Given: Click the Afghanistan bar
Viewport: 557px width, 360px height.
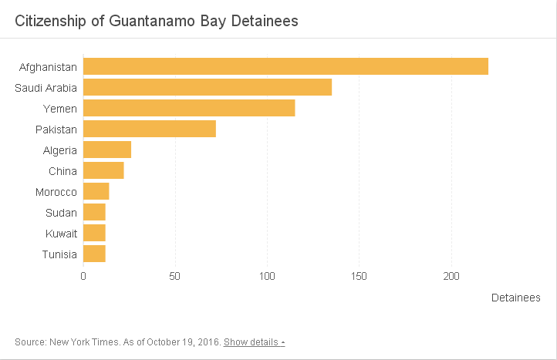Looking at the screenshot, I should click(x=285, y=66).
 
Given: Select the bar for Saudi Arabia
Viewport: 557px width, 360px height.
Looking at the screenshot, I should click(x=208, y=87).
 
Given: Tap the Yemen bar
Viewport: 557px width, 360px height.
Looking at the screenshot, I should click(x=189, y=108).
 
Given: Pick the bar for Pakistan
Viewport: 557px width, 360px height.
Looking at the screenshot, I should click(x=150, y=129).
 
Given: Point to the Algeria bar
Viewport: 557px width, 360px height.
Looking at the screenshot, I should click(x=107, y=150).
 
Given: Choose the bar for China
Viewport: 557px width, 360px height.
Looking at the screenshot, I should click(x=103, y=170).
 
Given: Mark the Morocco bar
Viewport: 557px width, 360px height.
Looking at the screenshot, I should click(x=96, y=191).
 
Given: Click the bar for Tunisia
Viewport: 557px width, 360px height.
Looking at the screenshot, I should click(x=94, y=254).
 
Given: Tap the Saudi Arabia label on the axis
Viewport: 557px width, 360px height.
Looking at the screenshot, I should click(x=46, y=88).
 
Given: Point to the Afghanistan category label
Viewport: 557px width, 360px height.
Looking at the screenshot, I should click(x=48, y=67).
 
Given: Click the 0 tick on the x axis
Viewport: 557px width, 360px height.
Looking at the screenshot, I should click(x=83, y=275).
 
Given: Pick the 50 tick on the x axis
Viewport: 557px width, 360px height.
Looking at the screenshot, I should click(x=175, y=275).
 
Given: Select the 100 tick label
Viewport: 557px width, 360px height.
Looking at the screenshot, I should click(x=267, y=275).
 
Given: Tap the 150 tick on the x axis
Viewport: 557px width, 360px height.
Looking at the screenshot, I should click(x=359, y=275).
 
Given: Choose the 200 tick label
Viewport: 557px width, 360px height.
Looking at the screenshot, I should click(x=451, y=275).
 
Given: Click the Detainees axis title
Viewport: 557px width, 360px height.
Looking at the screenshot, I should click(x=515, y=298).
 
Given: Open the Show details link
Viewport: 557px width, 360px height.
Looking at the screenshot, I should click(x=254, y=341).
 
